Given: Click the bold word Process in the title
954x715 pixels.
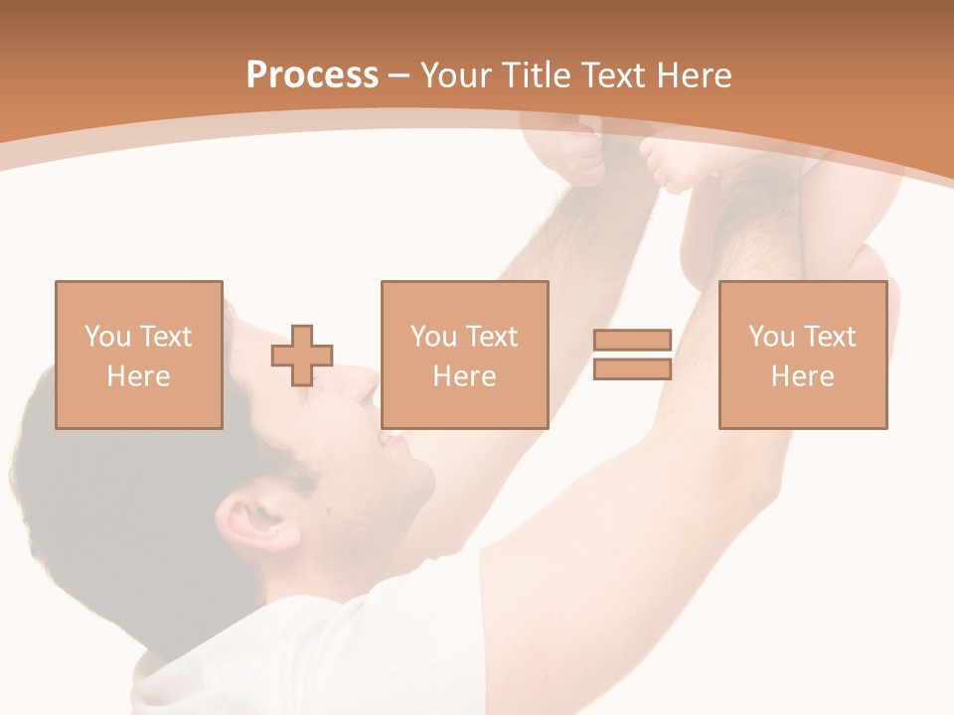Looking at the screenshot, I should point(312,75).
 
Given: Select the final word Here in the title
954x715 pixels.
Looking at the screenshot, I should point(695,75).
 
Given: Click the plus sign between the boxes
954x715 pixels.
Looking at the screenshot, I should point(302,356).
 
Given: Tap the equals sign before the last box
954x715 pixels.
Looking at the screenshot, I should point(632,355).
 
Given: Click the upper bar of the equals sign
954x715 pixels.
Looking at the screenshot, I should point(632,341).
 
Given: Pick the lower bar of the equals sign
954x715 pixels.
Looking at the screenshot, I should point(632,369).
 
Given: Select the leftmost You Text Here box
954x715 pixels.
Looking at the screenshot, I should point(138,355).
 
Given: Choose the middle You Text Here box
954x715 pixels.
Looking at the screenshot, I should point(464,355).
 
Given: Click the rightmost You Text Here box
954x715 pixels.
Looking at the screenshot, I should point(802,355).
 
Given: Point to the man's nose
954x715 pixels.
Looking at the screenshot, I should point(366,387).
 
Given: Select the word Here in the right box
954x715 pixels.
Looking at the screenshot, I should point(802,375).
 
